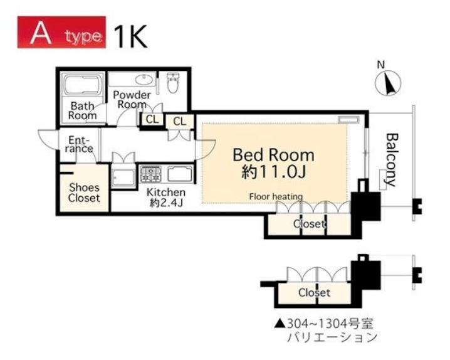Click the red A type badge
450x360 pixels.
61,32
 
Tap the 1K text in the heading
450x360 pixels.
131,36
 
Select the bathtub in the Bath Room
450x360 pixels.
82,85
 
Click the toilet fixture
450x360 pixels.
173,83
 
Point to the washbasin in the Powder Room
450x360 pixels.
145,79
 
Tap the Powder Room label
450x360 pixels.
132,99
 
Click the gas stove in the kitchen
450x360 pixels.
150,174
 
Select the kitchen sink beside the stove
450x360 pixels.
180,174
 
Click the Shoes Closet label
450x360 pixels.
84,193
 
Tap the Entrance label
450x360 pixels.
79,144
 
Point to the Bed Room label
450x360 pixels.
273,155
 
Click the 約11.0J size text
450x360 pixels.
273,172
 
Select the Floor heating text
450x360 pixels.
276,197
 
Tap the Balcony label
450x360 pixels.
391,160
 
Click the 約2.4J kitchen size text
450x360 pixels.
166,203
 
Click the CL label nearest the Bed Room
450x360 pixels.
180,122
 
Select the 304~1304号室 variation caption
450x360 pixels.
324,324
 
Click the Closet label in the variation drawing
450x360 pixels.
314,292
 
